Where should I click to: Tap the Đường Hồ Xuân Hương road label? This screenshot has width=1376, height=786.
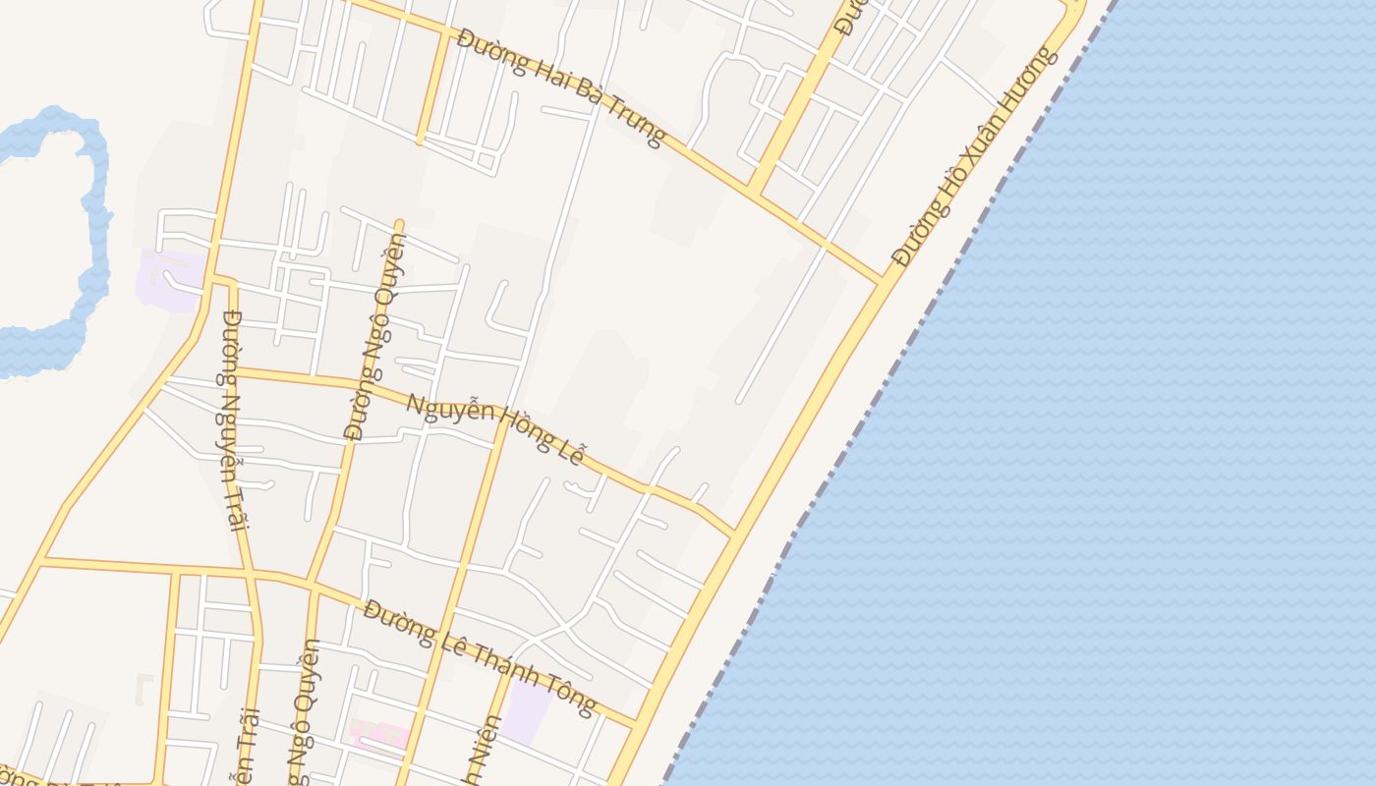(976, 155)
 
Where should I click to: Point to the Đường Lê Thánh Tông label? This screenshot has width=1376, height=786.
(480, 656)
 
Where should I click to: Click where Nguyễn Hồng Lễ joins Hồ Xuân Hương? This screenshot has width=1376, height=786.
(734, 535)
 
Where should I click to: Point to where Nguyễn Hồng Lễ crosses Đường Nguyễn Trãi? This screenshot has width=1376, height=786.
(235, 370)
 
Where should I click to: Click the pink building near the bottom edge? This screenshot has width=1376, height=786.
(379, 736)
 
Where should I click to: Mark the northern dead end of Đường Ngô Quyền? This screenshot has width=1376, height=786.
(399, 223)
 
